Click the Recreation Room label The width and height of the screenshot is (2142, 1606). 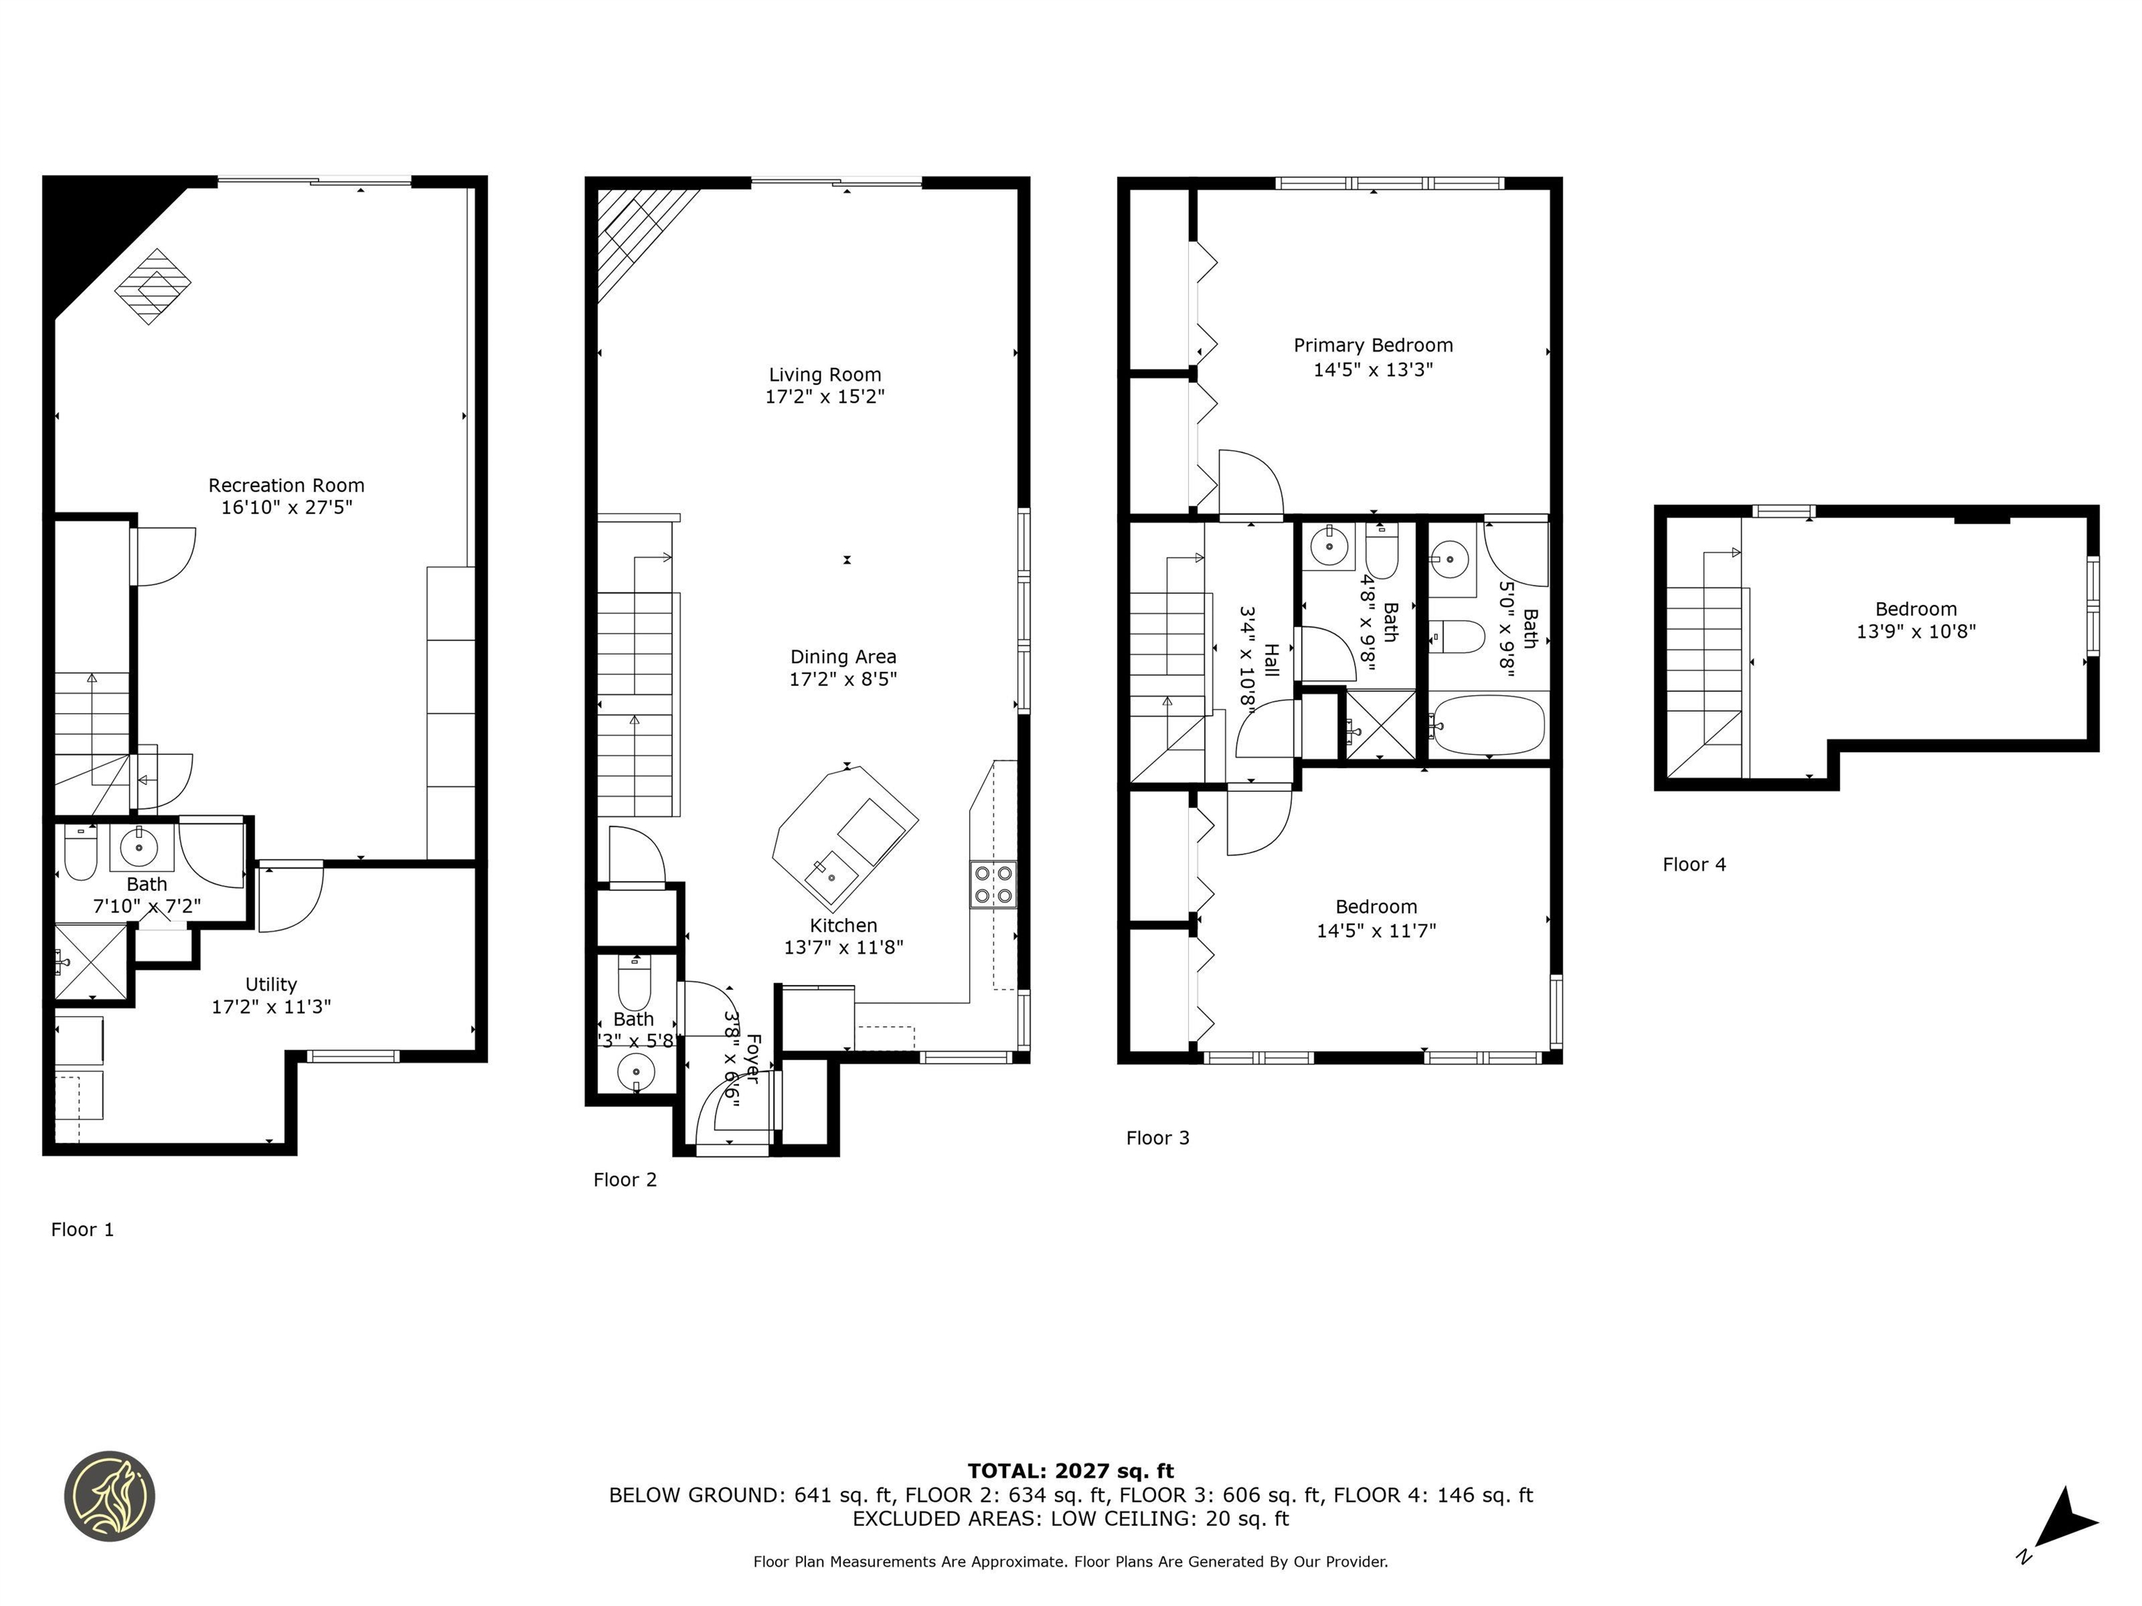286,486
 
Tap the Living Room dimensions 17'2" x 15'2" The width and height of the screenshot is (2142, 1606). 824,397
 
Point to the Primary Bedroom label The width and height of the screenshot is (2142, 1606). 1372,346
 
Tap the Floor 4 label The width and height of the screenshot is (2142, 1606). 1694,864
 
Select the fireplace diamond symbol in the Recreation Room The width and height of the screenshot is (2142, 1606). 153,286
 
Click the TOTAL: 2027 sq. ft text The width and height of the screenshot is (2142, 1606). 1070,1471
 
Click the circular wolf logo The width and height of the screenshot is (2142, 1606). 109,1496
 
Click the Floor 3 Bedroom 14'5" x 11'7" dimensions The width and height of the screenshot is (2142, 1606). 1375,931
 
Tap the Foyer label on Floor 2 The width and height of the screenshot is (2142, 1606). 752,1058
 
